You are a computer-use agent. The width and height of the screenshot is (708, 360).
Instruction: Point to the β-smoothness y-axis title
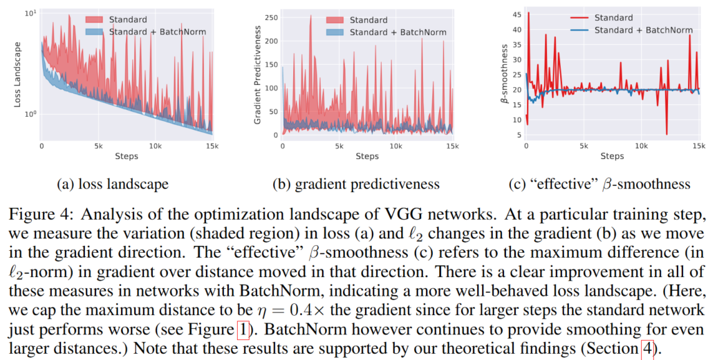[505, 75]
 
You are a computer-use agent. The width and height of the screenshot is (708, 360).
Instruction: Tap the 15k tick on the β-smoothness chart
[698, 146]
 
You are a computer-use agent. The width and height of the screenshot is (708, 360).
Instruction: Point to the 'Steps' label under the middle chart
[366, 156]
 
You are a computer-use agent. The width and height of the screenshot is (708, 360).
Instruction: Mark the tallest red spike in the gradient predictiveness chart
[310, 17]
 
